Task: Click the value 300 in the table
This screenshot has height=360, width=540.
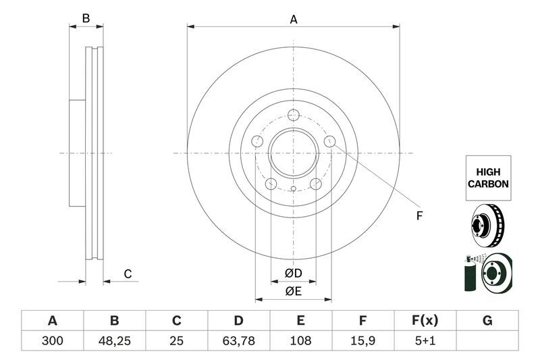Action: pyautogui.click(x=52, y=340)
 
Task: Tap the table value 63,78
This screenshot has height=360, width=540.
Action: pyautogui.click(x=239, y=340)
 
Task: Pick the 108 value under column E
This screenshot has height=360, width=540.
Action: pyautogui.click(x=301, y=340)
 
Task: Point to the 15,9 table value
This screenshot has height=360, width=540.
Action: pyautogui.click(x=362, y=340)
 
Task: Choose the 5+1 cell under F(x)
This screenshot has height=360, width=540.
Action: pyautogui.click(x=425, y=340)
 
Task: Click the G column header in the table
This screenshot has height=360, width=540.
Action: pyautogui.click(x=487, y=320)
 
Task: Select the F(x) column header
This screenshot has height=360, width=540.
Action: pyautogui.click(x=425, y=320)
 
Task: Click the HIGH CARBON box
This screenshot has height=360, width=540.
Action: pyautogui.click(x=487, y=178)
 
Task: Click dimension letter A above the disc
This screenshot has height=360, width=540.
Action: pyautogui.click(x=294, y=20)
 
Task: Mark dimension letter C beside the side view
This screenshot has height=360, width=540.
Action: pyautogui.click(x=127, y=274)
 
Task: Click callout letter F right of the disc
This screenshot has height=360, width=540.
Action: pyautogui.click(x=418, y=216)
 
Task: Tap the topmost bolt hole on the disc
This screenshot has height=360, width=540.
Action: pyautogui.click(x=293, y=115)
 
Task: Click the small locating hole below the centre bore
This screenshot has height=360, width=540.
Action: pyautogui.click(x=293, y=189)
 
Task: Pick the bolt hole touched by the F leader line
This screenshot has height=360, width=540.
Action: pyautogui.click(x=329, y=141)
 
